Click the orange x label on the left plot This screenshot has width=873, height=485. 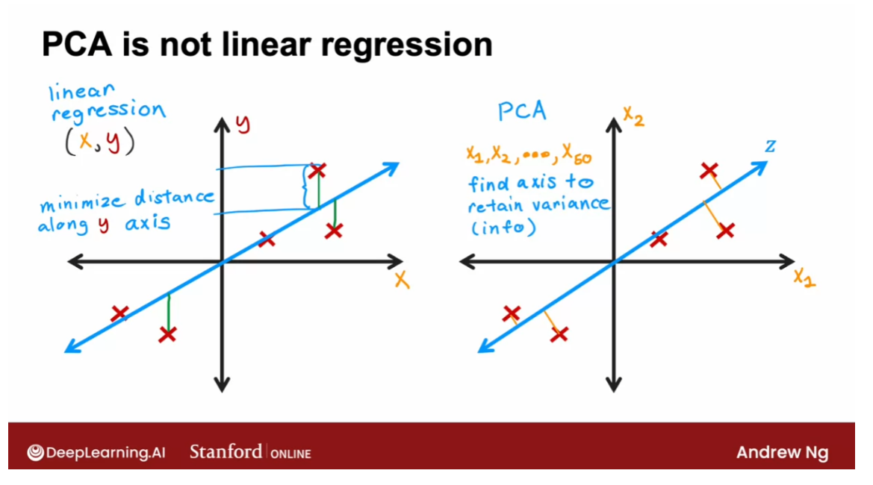pyautogui.click(x=402, y=280)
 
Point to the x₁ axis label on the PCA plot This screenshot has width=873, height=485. pyautogui.click(x=804, y=278)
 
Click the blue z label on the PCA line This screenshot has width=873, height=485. pyautogui.click(x=770, y=145)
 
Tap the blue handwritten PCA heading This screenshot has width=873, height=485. pyautogui.click(x=523, y=112)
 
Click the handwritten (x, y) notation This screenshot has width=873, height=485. pyautogui.click(x=99, y=142)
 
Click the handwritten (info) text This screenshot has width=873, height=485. pyautogui.click(x=503, y=228)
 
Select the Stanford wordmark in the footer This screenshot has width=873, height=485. pyautogui.click(x=226, y=451)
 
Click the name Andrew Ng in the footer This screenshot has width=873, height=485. pyautogui.click(x=782, y=452)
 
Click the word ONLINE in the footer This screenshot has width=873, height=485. pyautogui.click(x=291, y=453)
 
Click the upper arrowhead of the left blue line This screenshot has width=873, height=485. pyautogui.click(x=391, y=167)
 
